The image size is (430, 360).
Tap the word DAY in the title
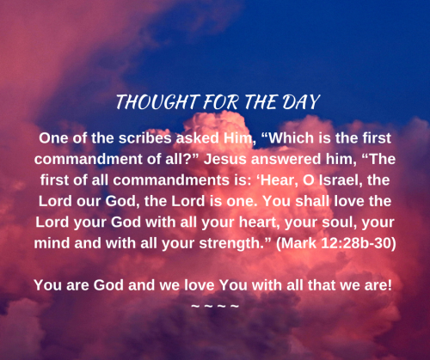pyautogui.click(x=298, y=102)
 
